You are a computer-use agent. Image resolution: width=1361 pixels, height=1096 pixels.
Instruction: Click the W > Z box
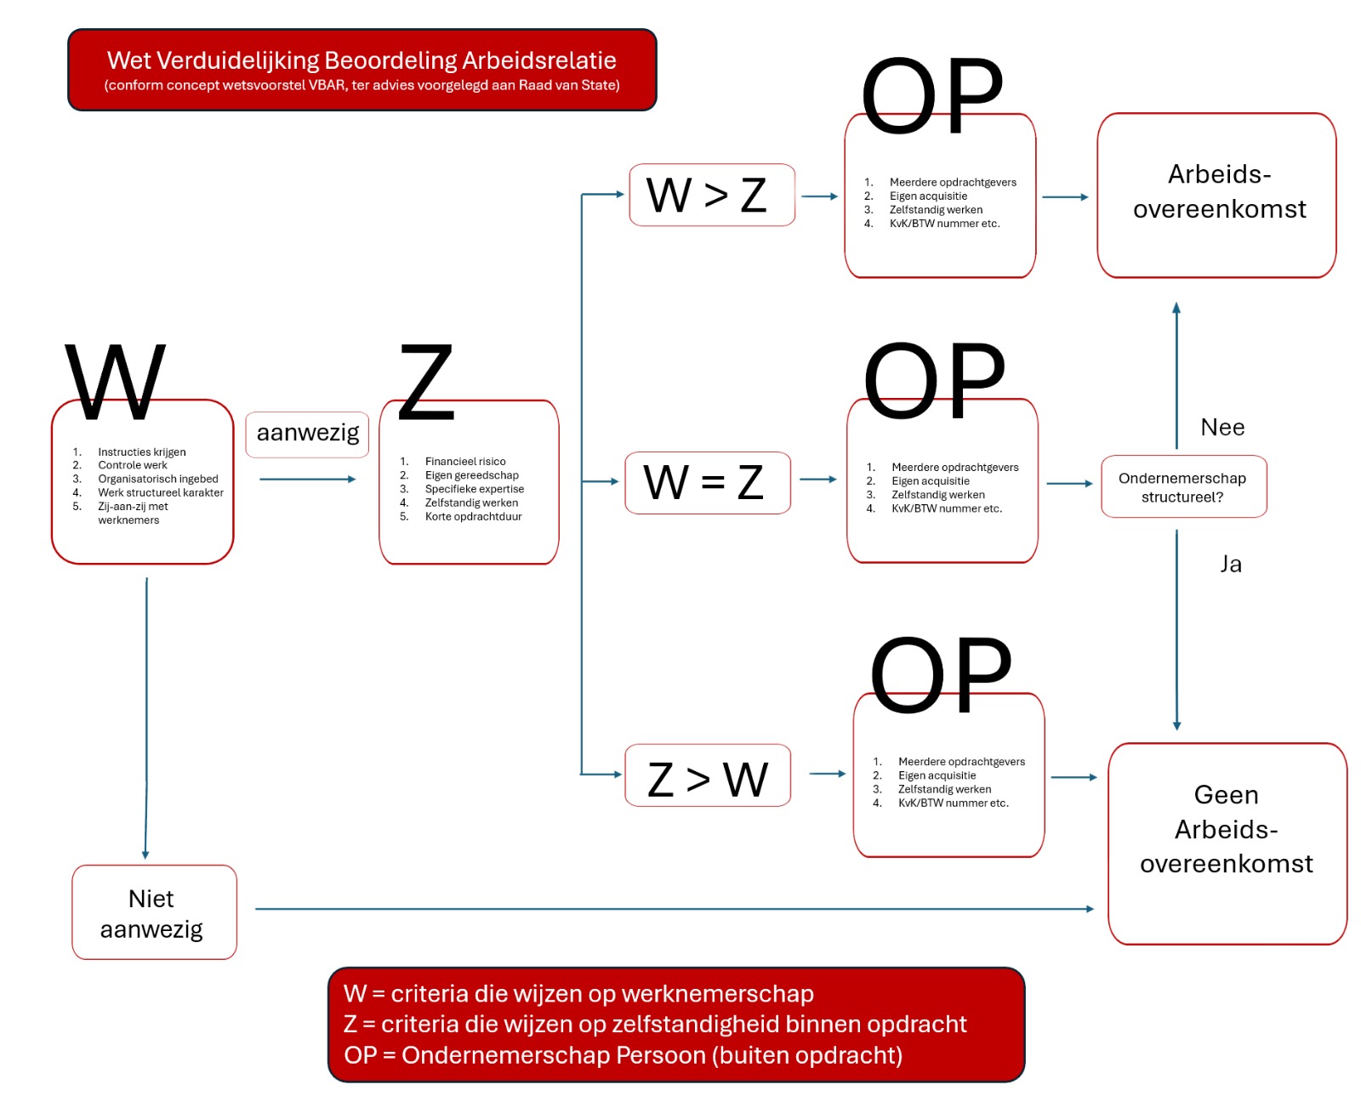click(711, 195)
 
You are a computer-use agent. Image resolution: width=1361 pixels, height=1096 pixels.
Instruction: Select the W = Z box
click(707, 483)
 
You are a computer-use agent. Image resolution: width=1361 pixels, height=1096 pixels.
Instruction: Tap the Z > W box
click(707, 775)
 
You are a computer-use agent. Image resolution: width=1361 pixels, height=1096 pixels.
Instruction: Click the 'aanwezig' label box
click(307, 434)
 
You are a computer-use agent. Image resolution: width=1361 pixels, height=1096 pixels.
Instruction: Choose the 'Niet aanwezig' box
click(154, 912)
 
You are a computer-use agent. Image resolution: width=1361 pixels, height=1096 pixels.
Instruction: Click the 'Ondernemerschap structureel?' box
click(1183, 486)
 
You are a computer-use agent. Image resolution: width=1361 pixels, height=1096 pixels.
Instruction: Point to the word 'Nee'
click(1221, 428)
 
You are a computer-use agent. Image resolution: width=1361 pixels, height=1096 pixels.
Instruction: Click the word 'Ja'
click(1230, 564)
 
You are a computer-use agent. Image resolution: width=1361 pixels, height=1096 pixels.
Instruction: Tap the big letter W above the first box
click(115, 382)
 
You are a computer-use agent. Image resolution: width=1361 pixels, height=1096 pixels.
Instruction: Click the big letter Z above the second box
click(426, 382)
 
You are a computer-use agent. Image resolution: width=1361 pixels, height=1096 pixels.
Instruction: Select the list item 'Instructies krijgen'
click(142, 451)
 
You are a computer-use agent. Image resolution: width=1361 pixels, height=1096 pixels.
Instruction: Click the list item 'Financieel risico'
click(464, 461)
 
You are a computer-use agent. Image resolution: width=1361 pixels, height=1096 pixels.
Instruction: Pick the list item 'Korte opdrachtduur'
click(473, 516)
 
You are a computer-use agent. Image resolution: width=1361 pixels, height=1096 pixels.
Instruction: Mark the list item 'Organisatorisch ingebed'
click(157, 479)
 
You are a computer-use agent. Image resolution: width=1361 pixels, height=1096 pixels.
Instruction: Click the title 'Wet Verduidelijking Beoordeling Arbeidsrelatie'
click(362, 60)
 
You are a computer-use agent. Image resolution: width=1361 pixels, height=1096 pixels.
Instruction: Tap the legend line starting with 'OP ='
click(623, 1055)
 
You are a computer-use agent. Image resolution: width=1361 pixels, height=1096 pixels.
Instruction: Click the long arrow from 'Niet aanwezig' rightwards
click(675, 909)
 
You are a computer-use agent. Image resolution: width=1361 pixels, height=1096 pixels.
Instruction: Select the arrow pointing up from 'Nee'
click(1176, 376)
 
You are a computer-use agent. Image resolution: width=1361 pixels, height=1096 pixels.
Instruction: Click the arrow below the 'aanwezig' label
click(308, 479)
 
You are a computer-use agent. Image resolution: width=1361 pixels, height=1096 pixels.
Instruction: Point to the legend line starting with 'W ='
click(578, 994)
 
